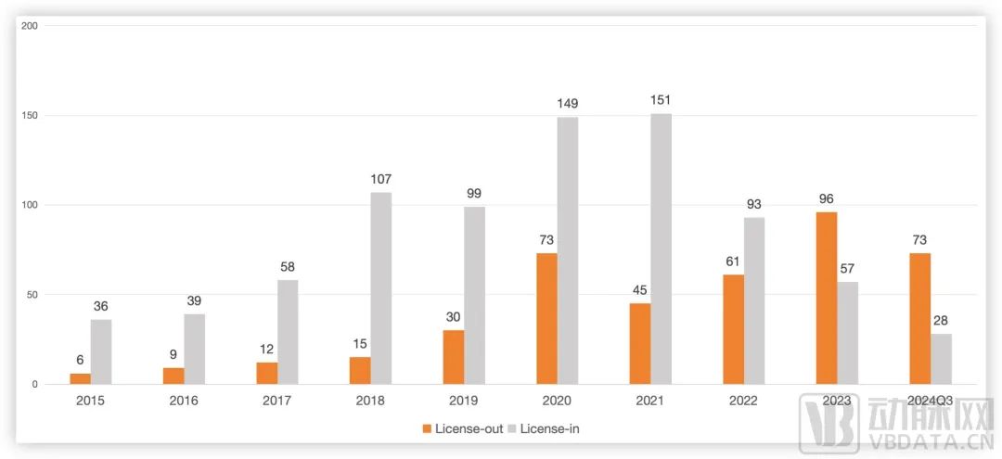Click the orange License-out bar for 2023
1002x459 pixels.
(x=826, y=298)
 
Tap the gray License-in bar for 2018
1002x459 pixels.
(x=381, y=287)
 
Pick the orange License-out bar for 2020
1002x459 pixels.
(x=546, y=318)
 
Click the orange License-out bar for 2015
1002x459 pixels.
(x=81, y=378)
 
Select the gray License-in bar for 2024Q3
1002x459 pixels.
(x=941, y=359)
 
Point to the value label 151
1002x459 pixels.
(x=661, y=100)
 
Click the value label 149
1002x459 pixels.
(x=568, y=104)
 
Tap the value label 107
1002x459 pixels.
(x=381, y=179)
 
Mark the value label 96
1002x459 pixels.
(x=826, y=198)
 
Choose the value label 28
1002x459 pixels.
(x=941, y=320)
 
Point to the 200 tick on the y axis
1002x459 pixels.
(x=29, y=25)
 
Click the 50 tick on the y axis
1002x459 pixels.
(x=32, y=294)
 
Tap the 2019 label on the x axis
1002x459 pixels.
(x=464, y=401)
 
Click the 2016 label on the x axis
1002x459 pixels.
(x=184, y=401)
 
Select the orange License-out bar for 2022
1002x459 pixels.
(x=733, y=329)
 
